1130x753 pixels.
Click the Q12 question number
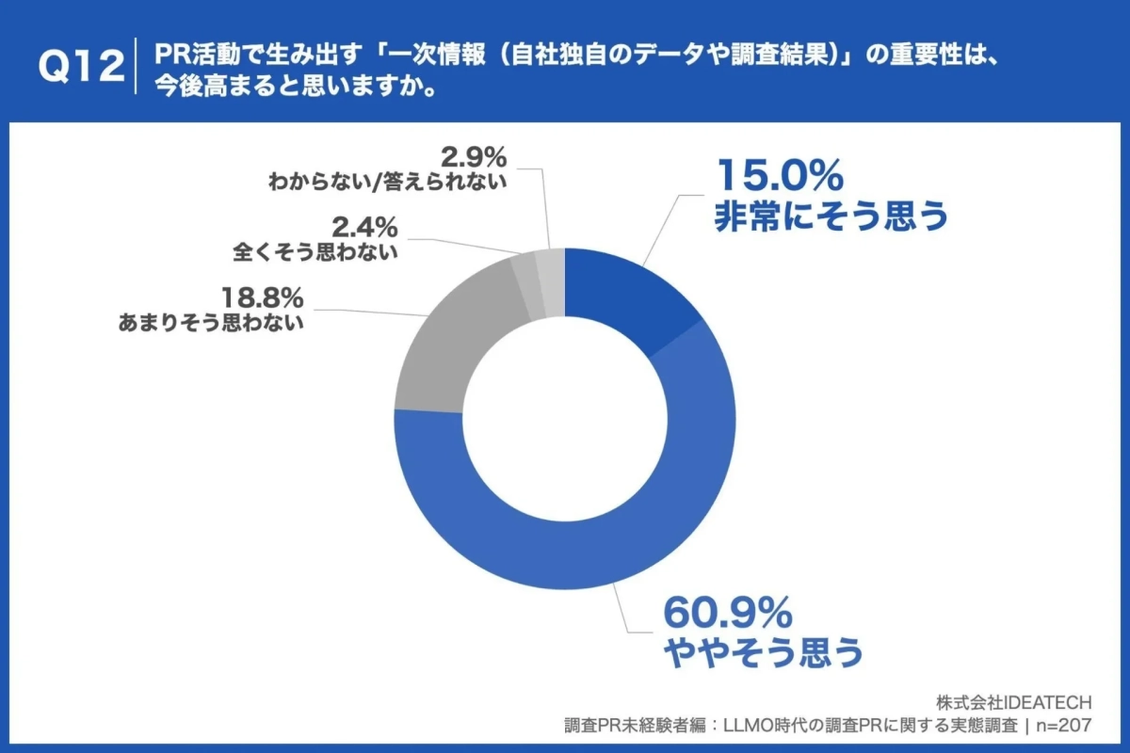[81, 68]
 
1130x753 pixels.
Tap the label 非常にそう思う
[830, 217]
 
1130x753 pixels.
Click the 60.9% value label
[727, 614]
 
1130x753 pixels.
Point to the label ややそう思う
[764, 652]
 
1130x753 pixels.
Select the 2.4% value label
[363, 227]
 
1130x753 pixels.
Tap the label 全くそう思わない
[315, 252]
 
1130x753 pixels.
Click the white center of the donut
[564, 419]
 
